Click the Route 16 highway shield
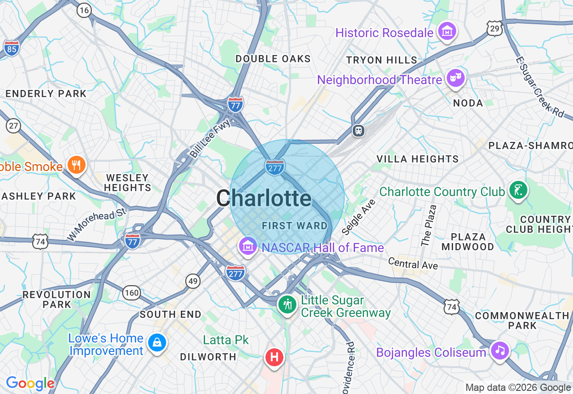[x=84, y=10]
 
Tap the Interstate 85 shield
[x=11, y=48]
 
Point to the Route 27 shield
[x=13, y=126]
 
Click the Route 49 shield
[x=193, y=281]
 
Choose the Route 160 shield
[x=132, y=293]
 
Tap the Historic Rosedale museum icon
[x=447, y=31]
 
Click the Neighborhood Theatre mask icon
[x=456, y=79]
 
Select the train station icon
[x=359, y=130]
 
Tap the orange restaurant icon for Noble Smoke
[x=77, y=165]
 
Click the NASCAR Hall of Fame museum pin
[x=248, y=246]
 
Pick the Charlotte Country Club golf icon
[x=518, y=190]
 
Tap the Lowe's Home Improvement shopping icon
[x=157, y=343]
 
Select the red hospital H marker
[x=274, y=357]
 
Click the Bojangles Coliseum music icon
[x=500, y=350]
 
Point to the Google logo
[x=30, y=383]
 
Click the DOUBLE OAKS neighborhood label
[x=273, y=59]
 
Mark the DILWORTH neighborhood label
[x=208, y=357]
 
